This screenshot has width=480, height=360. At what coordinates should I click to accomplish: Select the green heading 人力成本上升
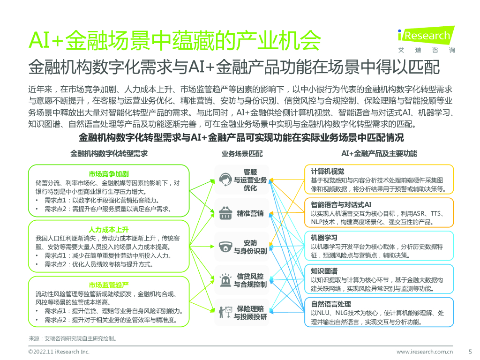(x=109, y=230)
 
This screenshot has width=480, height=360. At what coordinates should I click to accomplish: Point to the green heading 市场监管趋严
(x=109, y=285)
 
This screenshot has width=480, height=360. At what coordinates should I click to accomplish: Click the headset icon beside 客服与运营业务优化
(x=226, y=180)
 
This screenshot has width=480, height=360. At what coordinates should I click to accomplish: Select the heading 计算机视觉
(x=328, y=171)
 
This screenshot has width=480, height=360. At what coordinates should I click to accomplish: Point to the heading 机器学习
(x=324, y=238)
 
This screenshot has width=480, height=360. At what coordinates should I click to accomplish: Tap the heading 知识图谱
(x=324, y=271)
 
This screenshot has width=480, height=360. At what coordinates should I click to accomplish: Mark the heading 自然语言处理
(x=331, y=304)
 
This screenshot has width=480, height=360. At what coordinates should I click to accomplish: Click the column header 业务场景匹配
(x=242, y=154)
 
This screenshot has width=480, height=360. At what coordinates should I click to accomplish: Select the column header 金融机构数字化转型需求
(x=109, y=153)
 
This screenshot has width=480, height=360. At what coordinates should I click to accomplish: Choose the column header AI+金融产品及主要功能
(x=379, y=154)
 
